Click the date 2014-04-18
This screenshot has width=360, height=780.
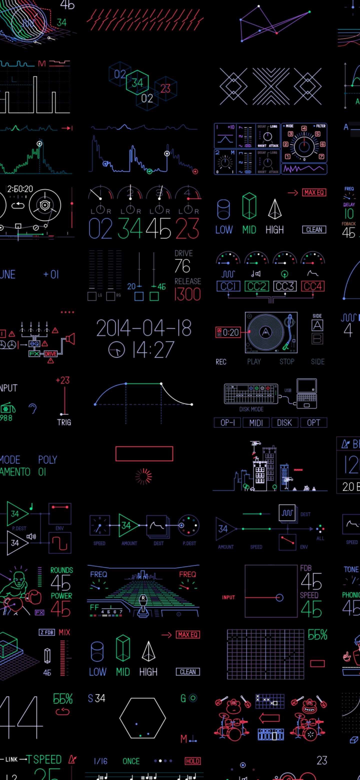(144, 328)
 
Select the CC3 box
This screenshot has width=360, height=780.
(284, 286)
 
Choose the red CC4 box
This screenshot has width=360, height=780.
(313, 286)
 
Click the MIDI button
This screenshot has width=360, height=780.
(256, 423)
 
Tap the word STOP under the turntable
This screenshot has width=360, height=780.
(287, 361)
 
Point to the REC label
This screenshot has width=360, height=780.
(221, 362)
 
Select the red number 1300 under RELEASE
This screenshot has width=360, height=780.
(187, 294)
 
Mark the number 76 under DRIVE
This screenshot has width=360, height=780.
(182, 266)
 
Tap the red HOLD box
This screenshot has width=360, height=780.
(192, 761)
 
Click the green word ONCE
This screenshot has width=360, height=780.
(131, 761)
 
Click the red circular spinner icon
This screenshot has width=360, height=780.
(144, 476)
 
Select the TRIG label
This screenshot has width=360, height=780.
(64, 422)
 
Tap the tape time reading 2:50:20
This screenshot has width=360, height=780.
(20, 189)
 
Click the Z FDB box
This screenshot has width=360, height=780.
(47, 632)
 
